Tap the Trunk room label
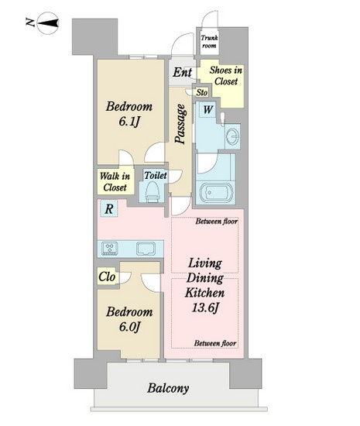click(209, 42)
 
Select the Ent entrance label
click(183, 72)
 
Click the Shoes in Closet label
click(226, 76)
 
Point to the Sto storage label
click(202, 92)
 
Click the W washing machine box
click(207, 109)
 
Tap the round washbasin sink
click(233, 135)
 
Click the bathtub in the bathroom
click(216, 192)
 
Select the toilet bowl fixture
click(152, 191)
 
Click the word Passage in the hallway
click(180, 124)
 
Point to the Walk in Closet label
click(115, 181)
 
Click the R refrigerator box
click(109, 208)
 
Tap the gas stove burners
click(110, 249)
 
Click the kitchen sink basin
click(146, 249)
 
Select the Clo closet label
click(107, 277)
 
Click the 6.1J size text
click(129, 122)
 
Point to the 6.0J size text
click(129, 327)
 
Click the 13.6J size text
click(205, 307)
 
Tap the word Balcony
click(168, 388)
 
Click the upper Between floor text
click(217, 222)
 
